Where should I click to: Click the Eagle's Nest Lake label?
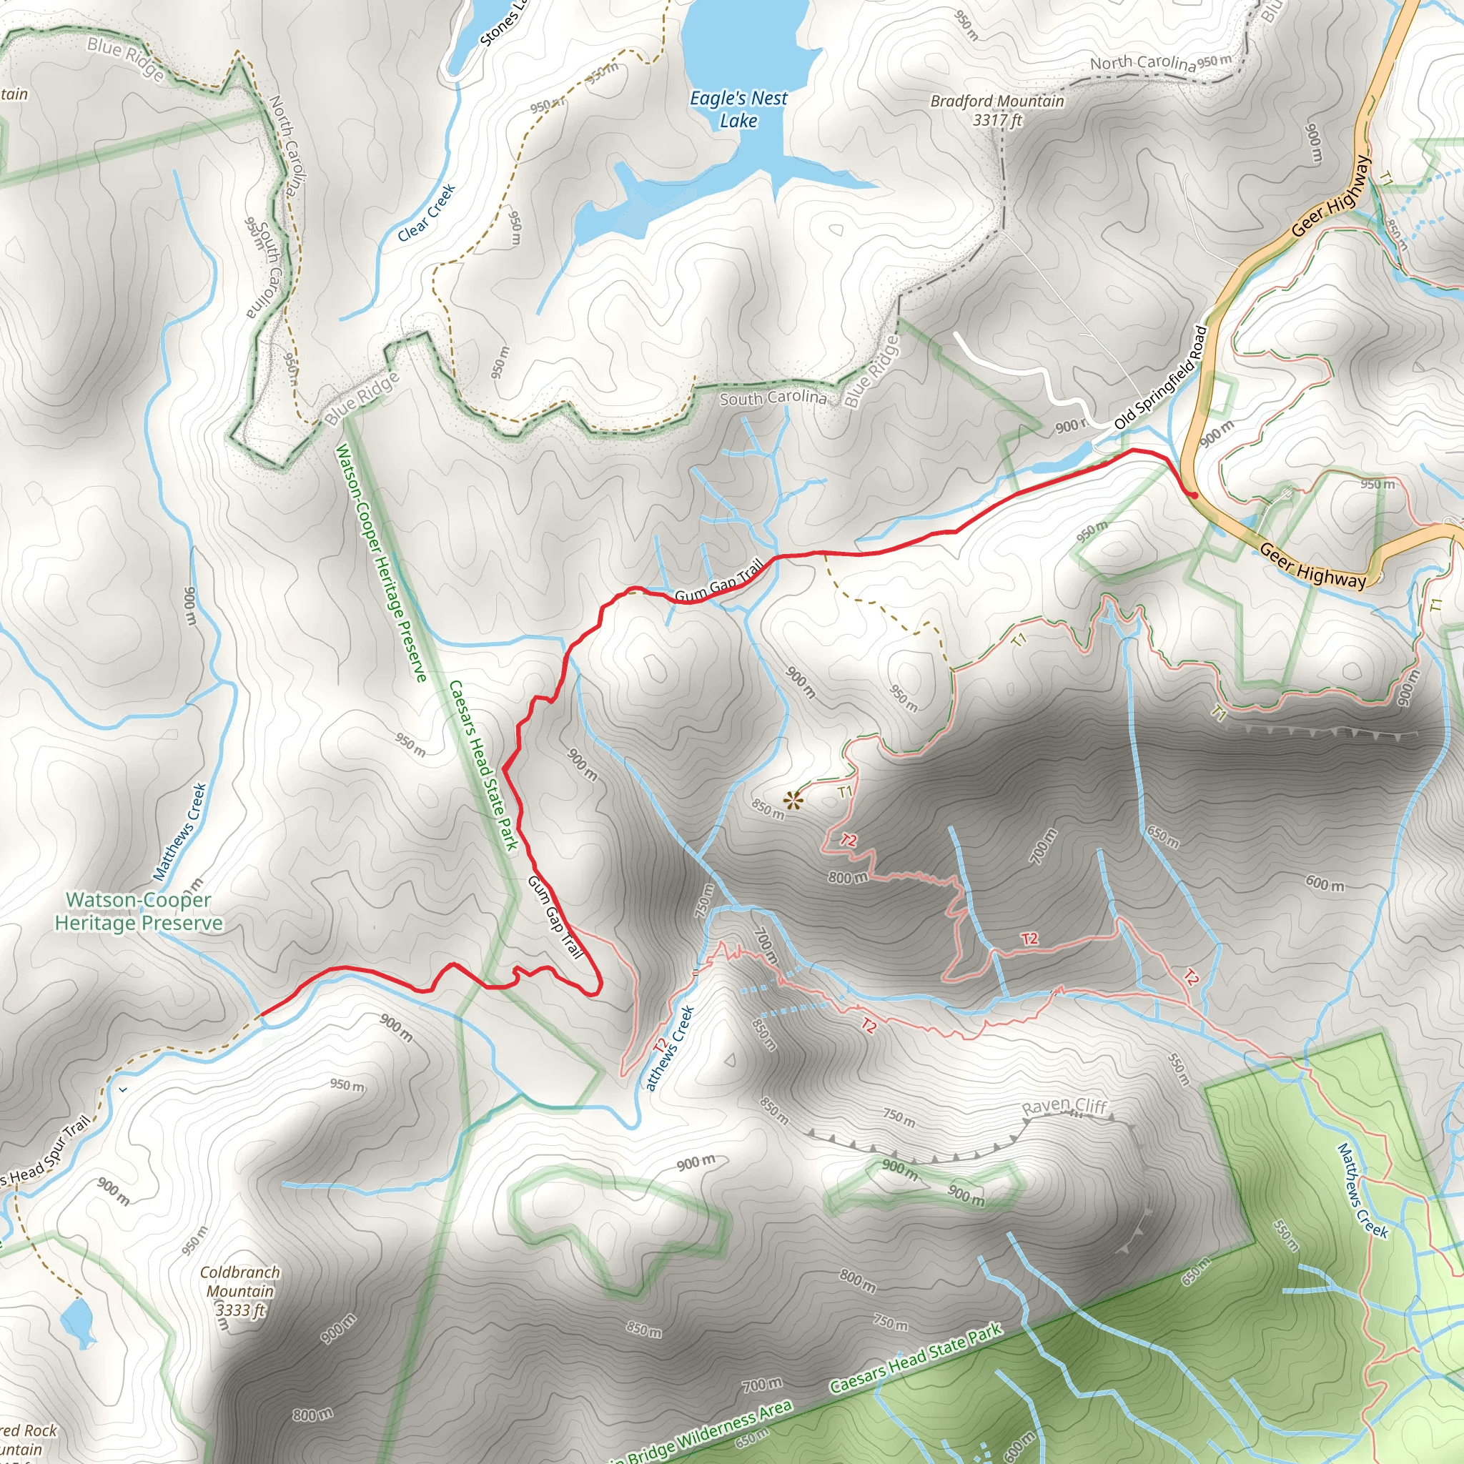(x=738, y=109)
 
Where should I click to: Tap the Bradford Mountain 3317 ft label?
(x=997, y=110)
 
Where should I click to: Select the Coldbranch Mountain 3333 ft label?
(x=239, y=1290)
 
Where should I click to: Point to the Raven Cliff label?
(x=1064, y=1107)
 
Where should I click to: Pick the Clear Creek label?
(x=427, y=212)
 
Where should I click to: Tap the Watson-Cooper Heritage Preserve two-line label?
(x=138, y=911)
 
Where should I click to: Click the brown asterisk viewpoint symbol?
(x=793, y=800)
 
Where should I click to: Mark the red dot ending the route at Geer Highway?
(x=1195, y=495)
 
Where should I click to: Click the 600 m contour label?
(x=1325, y=883)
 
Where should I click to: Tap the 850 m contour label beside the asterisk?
(x=768, y=810)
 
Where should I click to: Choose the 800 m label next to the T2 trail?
(x=848, y=878)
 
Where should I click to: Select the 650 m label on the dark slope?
(x=1162, y=836)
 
